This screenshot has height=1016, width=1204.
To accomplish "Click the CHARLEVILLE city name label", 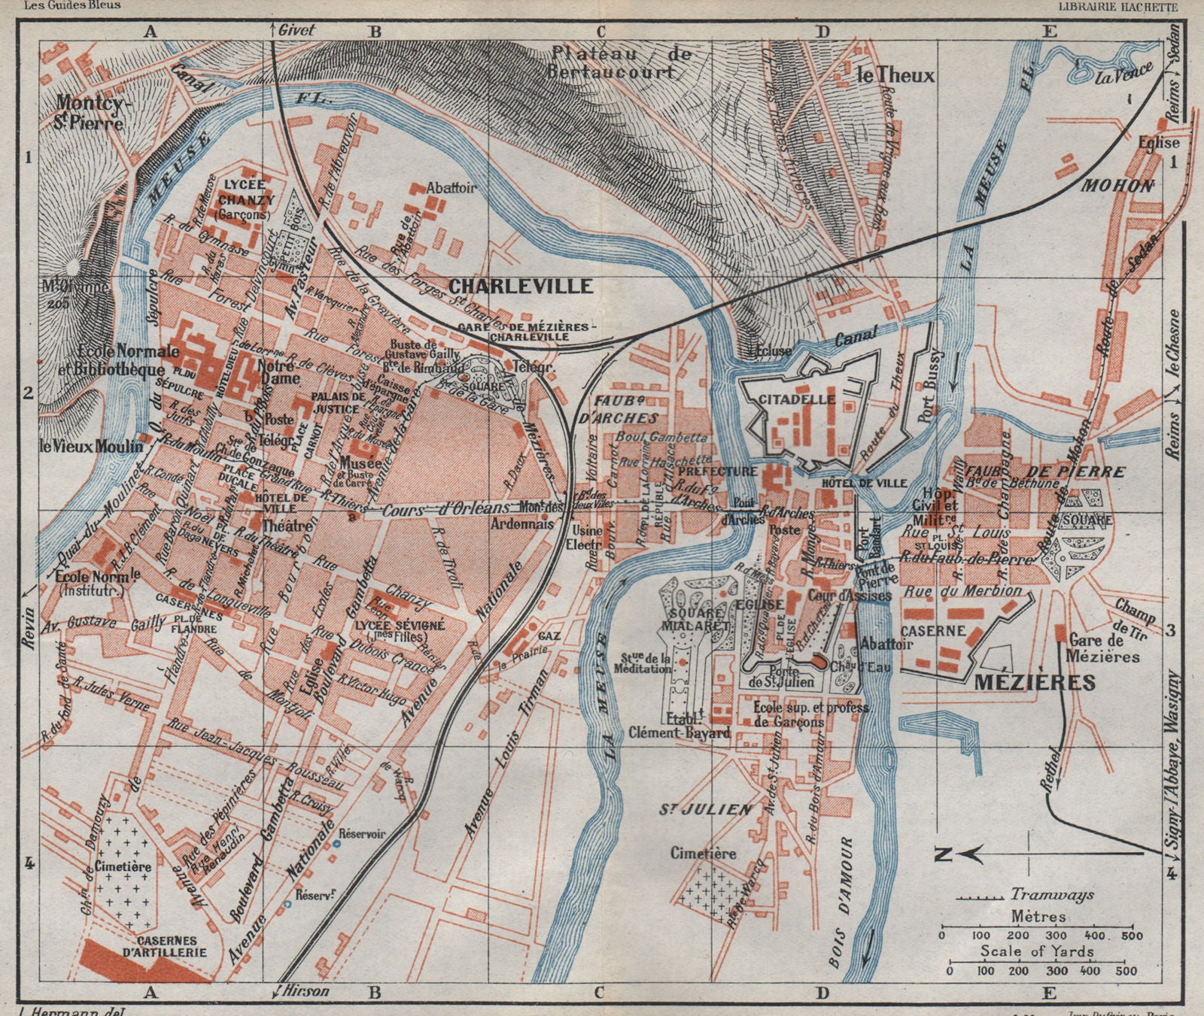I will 521,286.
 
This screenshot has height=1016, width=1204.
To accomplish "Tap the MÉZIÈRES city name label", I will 1035,682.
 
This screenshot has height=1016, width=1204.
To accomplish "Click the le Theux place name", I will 896,75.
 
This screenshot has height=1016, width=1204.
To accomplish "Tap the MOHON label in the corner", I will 1117,186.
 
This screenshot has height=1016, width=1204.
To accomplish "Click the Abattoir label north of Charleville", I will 451,188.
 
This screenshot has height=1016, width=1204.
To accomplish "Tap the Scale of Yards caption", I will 1036,951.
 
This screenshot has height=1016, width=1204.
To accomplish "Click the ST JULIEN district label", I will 705,809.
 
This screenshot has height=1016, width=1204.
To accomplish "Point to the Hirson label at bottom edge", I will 306,991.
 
